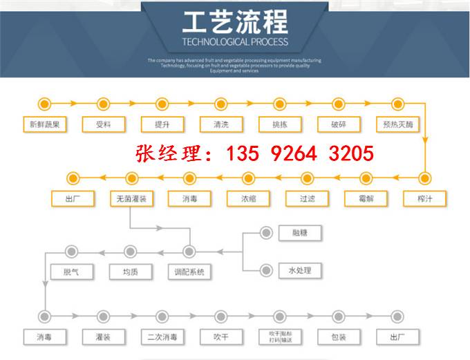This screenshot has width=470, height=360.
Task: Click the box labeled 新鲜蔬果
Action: click(x=44, y=125)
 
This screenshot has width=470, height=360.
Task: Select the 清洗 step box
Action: click(x=220, y=125)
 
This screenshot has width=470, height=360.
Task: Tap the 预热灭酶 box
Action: click(x=397, y=125)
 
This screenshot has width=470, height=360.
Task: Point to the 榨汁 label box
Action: click(x=424, y=198)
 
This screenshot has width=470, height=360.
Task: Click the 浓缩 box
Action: click(x=247, y=198)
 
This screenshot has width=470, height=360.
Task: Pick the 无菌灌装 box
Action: click(x=130, y=198)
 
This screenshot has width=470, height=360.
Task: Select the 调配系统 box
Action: click(x=189, y=272)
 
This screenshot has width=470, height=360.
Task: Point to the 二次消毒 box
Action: click(x=162, y=337)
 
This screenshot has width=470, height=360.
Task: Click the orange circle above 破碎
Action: click(x=338, y=104)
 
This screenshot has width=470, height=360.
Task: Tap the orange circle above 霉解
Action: click(x=366, y=178)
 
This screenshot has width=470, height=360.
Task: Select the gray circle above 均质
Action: click(x=130, y=251)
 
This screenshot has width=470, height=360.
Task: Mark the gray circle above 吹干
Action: click(x=220, y=316)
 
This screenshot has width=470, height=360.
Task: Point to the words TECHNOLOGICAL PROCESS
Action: click(x=234, y=42)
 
